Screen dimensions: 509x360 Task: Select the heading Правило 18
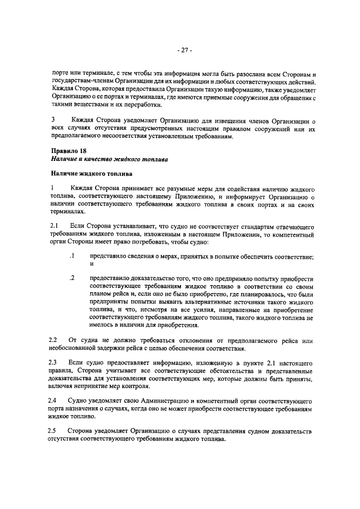(69, 151)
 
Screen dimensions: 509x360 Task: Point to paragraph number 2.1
(55, 226)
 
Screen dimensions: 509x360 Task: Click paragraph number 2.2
(54, 341)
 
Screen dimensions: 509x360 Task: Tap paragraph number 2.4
(54, 401)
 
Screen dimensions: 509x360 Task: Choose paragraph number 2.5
(54, 431)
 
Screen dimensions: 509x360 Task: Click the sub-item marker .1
(71, 256)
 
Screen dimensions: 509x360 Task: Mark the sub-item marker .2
(71, 279)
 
